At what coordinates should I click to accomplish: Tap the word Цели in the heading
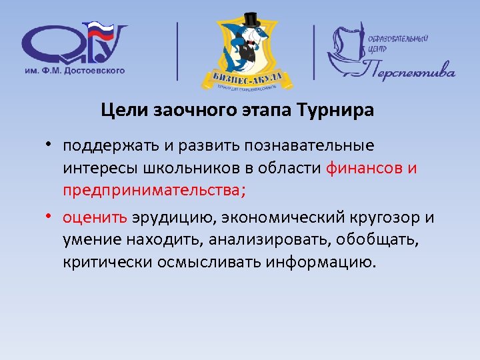[x=121, y=111]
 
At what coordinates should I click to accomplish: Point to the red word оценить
[x=92, y=217]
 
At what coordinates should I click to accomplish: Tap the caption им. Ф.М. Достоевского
[x=73, y=70]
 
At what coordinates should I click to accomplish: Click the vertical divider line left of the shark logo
[x=177, y=51]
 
